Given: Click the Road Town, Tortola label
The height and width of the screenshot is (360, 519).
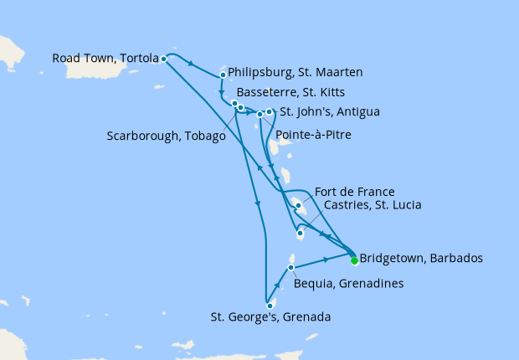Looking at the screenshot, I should click(x=105, y=59).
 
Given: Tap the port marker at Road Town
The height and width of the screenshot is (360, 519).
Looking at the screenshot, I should click(x=163, y=59).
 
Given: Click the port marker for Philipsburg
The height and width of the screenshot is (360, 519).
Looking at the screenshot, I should click(x=223, y=75).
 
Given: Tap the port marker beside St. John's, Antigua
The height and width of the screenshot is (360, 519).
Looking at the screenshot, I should click(x=269, y=111).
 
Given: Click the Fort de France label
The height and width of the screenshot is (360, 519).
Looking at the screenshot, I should click(x=356, y=191).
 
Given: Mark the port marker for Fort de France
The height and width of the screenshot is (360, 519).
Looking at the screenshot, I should click(x=298, y=204).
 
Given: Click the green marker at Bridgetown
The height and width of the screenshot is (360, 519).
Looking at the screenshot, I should click(x=354, y=260).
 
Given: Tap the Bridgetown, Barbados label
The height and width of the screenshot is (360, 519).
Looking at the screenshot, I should click(x=420, y=258).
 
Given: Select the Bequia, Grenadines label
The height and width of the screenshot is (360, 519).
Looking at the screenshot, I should click(x=349, y=284).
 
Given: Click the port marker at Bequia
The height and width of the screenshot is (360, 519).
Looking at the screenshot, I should click(x=290, y=268).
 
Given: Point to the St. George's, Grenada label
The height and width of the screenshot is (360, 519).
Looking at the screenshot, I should click(x=271, y=317).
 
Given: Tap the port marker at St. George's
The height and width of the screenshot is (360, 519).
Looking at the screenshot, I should click(x=270, y=306).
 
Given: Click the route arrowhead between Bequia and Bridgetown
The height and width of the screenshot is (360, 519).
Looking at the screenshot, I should click(x=325, y=260).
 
